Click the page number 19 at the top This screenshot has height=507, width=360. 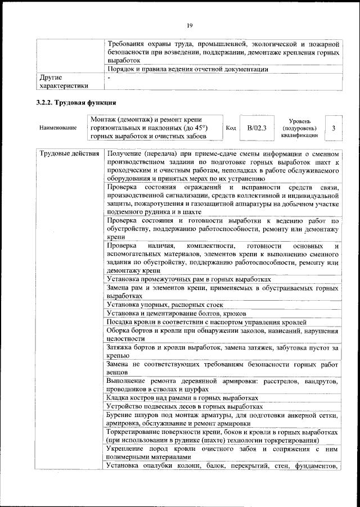coord(189,25)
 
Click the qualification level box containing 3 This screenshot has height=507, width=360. coord(334,128)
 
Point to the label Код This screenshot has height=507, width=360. coord(231,128)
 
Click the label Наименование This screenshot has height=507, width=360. coord(58,128)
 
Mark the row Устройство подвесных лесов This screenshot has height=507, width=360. coord(184,406)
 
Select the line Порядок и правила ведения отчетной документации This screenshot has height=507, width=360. coord(187,69)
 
